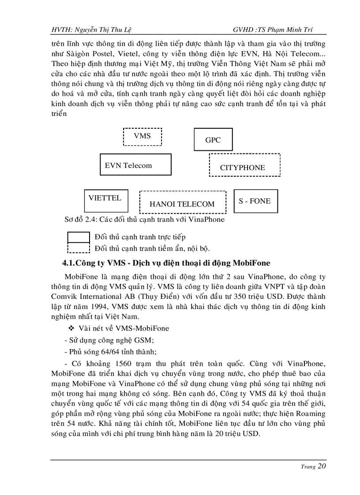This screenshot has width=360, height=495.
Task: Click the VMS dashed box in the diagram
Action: (142, 137)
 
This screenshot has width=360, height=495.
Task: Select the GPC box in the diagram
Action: (213, 139)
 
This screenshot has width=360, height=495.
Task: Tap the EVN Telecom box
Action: (135, 165)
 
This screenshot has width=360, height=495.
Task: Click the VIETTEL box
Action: (106, 201)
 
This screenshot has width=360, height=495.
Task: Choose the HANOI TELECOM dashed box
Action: (182, 202)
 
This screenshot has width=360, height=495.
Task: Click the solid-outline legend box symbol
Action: (79, 238)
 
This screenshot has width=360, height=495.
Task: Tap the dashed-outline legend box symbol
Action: (79, 248)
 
